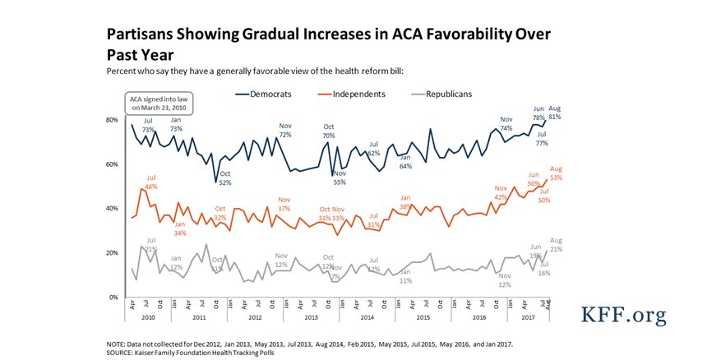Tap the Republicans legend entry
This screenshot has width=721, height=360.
[x=443, y=95]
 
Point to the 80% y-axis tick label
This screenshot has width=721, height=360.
[x=113, y=120]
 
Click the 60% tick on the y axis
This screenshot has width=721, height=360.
[x=113, y=164]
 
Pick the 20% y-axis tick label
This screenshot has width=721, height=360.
[x=113, y=253]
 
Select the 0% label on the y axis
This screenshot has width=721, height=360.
[x=114, y=297]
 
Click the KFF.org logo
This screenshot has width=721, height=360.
[x=623, y=315]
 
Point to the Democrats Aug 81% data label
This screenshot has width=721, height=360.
[x=555, y=113]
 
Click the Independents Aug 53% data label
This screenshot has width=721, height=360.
[x=556, y=173]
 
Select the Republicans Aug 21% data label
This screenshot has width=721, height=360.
[x=556, y=244]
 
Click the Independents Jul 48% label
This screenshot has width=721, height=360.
[x=150, y=182]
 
